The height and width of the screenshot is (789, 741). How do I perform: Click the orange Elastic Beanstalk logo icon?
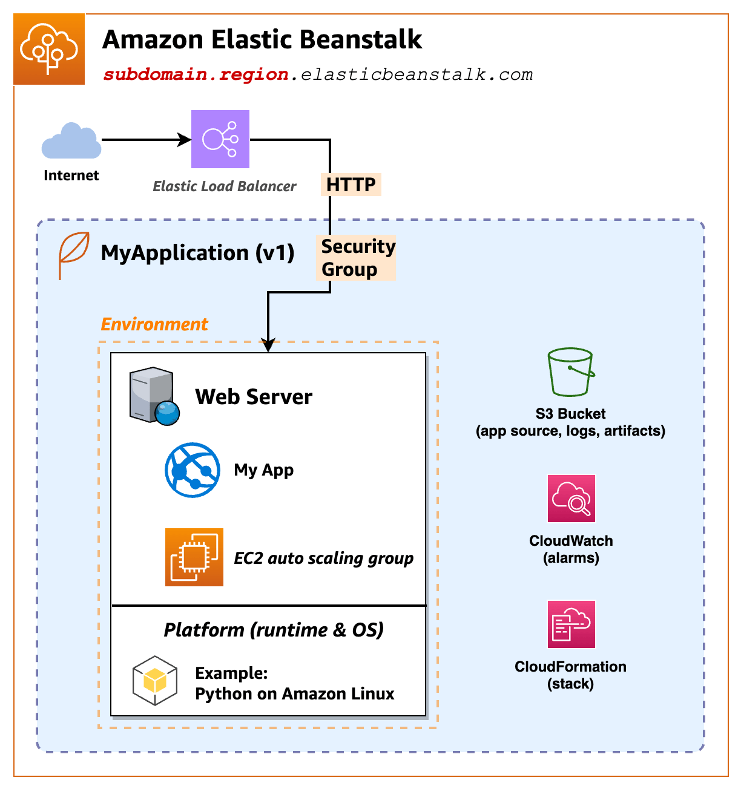point(49,50)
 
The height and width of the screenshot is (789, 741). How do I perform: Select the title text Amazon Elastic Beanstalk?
point(262,40)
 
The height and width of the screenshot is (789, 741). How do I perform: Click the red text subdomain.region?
point(196,74)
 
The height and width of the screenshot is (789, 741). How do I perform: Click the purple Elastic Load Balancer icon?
point(220,139)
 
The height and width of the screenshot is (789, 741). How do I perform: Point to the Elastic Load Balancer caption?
point(224,186)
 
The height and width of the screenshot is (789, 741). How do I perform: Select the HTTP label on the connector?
point(351,185)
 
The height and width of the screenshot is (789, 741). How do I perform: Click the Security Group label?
point(357,258)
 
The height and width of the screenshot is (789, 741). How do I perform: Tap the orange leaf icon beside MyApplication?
point(73,254)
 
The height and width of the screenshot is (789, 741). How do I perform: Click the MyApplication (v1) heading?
point(197,253)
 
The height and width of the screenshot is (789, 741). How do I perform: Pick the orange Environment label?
point(154,324)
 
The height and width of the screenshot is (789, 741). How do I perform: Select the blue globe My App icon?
point(192,470)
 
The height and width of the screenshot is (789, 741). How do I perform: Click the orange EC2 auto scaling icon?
point(194,557)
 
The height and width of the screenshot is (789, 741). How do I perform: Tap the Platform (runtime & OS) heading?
point(274,630)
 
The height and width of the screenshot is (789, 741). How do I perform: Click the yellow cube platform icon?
point(155,681)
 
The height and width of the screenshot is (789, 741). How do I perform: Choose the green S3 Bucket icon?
point(570,372)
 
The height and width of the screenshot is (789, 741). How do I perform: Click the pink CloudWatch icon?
point(571,499)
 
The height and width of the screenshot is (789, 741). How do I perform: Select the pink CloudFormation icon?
point(571,624)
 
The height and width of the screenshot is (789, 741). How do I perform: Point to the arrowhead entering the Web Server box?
point(268,345)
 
